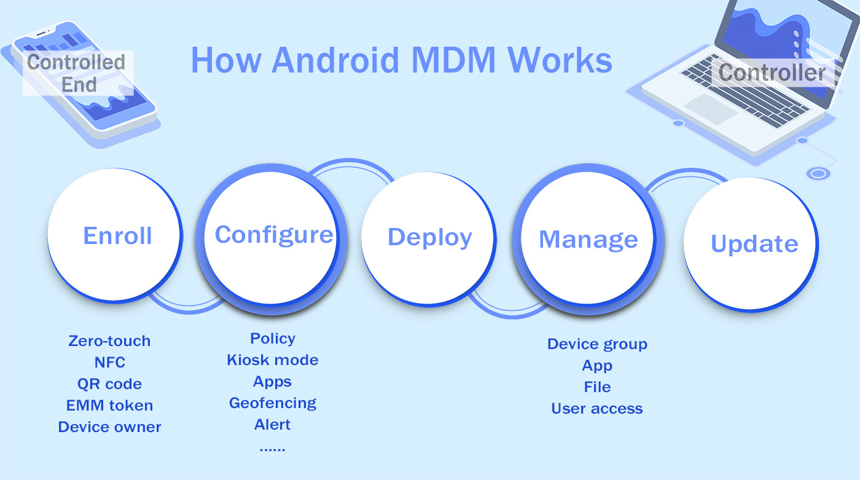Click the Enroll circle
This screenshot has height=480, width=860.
[x=115, y=236]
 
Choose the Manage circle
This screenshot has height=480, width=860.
[x=588, y=240]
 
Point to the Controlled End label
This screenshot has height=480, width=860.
[x=77, y=73]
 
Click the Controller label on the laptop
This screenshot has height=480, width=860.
[x=772, y=73]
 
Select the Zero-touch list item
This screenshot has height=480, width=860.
[x=109, y=341]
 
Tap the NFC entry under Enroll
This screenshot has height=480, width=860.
[x=109, y=363]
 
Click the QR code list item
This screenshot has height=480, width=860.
[x=109, y=384]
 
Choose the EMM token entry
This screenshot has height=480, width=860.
[x=109, y=406]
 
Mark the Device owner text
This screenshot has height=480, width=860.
[x=109, y=427]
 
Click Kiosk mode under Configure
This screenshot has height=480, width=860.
[x=272, y=360]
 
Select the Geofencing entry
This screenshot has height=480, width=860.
[x=272, y=403]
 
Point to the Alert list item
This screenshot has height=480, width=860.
[x=272, y=425]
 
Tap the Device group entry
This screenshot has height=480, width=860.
[x=597, y=344]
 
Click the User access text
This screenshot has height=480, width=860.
[x=597, y=409]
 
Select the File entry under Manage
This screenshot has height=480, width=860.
[x=597, y=387]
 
